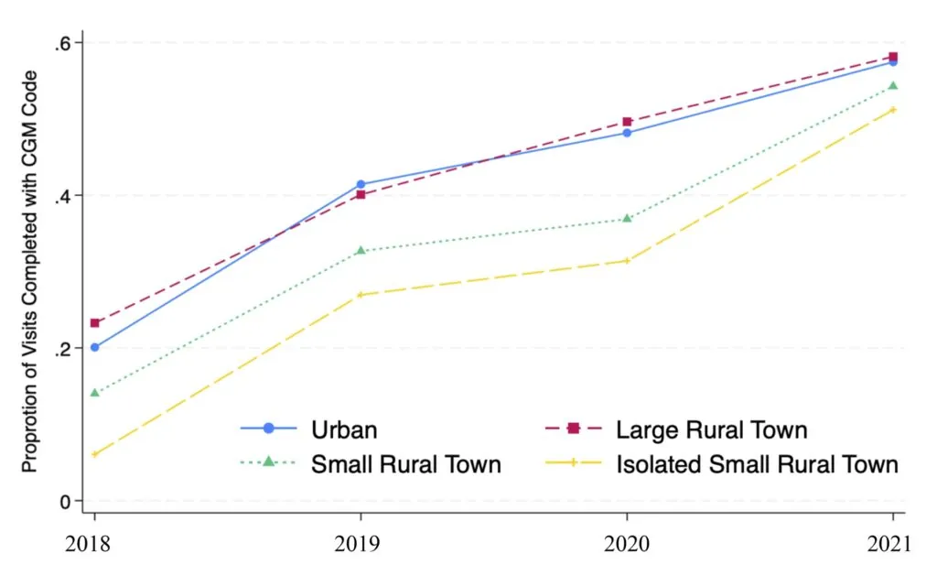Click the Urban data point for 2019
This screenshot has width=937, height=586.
pyautogui.click(x=361, y=184)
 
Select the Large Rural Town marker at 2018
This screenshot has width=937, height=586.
pyautogui.click(x=94, y=322)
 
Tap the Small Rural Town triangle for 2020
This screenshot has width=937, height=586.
pyautogui.click(x=627, y=218)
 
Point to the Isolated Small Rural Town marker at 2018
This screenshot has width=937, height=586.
pyautogui.click(x=94, y=454)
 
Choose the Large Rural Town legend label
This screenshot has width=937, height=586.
pyautogui.click(x=712, y=429)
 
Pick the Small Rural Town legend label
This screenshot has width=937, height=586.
pyautogui.click(x=406, y=463)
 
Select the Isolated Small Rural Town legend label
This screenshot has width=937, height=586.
pyautogui.click(x=758, y=463)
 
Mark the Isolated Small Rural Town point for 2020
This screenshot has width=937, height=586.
pyautogui.click(x=627, y=261)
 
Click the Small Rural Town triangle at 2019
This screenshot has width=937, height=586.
pyautogui.click(x=361, y=250)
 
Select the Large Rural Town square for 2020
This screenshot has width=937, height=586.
pyautogui.click(x=627, y=121)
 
